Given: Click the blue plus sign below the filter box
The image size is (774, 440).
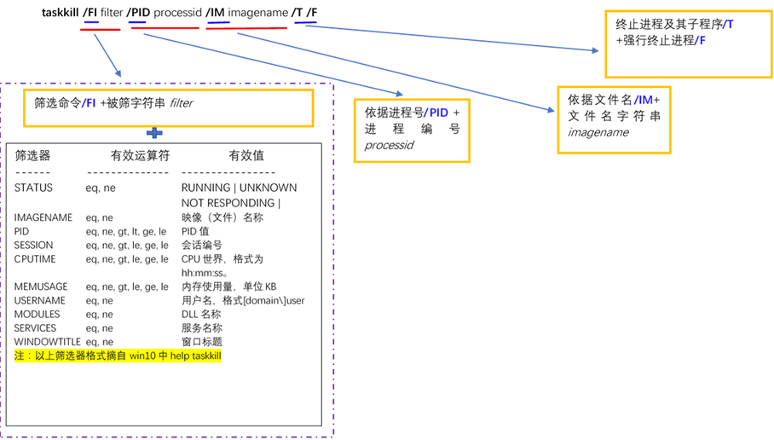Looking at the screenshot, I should point(154,132).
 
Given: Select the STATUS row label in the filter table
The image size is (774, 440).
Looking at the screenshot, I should point(33,188).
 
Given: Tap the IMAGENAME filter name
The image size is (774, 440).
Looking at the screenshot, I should point(43,217).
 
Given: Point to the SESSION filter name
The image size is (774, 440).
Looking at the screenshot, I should point(34,246).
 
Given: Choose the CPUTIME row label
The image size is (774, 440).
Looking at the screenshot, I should point(36,259).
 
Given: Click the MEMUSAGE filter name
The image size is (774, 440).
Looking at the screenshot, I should point(41,287).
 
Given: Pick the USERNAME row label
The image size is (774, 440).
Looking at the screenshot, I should point(40,301).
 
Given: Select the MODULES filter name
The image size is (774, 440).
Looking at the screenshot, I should point(37,315).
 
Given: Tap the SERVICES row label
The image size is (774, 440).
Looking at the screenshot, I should point(36,328).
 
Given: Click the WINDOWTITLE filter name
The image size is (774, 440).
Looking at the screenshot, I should point(46,342).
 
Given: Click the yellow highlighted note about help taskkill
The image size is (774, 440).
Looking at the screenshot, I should point(118,356).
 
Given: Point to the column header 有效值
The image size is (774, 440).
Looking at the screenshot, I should point(246,156).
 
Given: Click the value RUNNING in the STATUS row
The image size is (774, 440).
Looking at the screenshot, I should point(205,188).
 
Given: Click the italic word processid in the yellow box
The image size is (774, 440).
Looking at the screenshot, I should point(389,145).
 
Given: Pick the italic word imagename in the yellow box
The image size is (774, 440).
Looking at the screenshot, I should point(598,132).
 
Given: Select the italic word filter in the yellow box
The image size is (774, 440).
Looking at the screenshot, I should point(181,103).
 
